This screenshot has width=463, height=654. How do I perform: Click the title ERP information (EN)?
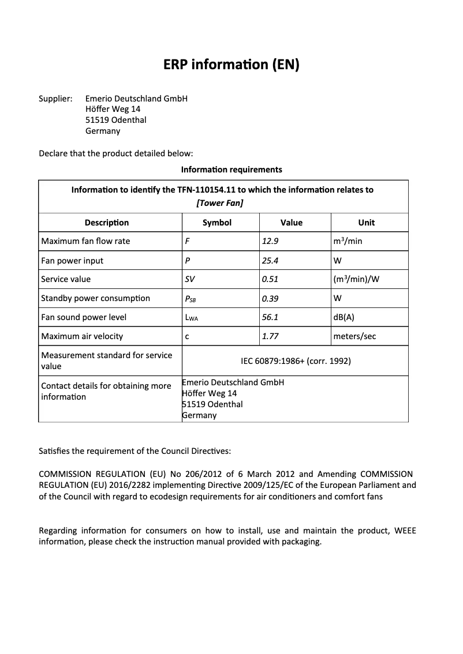[231, 65]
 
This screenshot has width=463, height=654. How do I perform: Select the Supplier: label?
[55, 99]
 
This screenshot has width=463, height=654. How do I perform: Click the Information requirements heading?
[231, 170]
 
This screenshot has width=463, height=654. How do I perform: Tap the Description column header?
[107, 223]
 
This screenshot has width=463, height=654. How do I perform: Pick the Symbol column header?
[217, 223]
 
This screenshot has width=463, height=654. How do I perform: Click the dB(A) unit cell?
[345, 317]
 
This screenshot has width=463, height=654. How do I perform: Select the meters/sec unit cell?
[354, 336]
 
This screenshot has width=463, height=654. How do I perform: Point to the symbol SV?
[189, 279]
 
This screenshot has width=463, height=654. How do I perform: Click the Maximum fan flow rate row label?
[85, 241]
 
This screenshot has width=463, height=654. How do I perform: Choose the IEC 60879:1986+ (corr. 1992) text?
[296, 361]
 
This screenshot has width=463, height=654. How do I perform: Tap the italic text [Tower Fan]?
[220, 202]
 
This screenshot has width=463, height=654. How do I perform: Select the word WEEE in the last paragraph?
[405, 531]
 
